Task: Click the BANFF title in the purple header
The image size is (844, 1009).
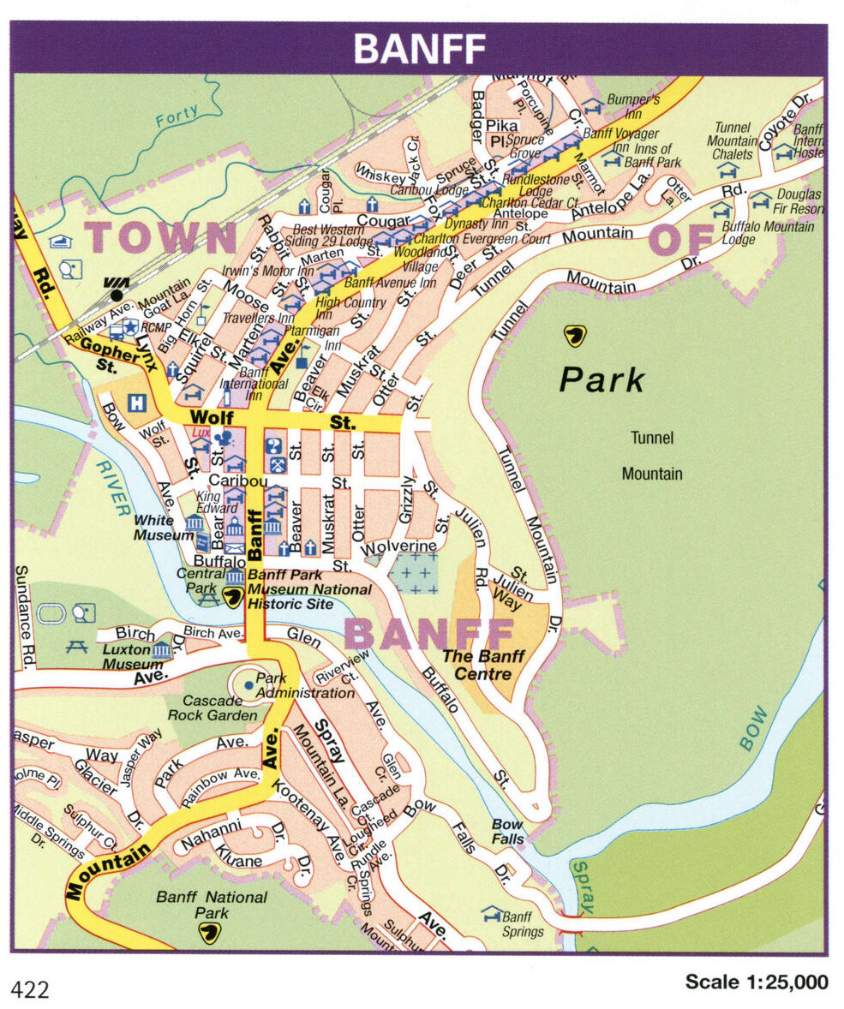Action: coord(419,49)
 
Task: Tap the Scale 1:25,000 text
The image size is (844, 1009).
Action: coord(756,982)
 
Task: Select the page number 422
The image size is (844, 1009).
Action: coord(30,990)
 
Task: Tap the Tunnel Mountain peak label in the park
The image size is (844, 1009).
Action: coord(652,456)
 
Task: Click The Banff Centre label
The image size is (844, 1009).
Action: coord(483,665)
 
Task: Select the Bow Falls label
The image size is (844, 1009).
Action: coord(507,832)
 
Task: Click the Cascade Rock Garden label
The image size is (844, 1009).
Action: coord(212,707)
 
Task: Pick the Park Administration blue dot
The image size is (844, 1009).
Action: coord(248,684)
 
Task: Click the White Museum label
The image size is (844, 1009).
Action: coord(164,528)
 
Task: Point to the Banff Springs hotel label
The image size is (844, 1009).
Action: coord(523,924)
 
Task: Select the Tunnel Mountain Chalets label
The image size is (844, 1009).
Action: coord(733,141)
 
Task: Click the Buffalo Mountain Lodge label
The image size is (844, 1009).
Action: coord(768,233)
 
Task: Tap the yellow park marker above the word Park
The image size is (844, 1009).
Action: coord(575,335)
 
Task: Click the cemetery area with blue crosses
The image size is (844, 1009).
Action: coord(413,573)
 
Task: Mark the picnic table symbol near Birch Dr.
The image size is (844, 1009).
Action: coord(76,647)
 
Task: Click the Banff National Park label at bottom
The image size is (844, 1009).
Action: coord(211,905)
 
